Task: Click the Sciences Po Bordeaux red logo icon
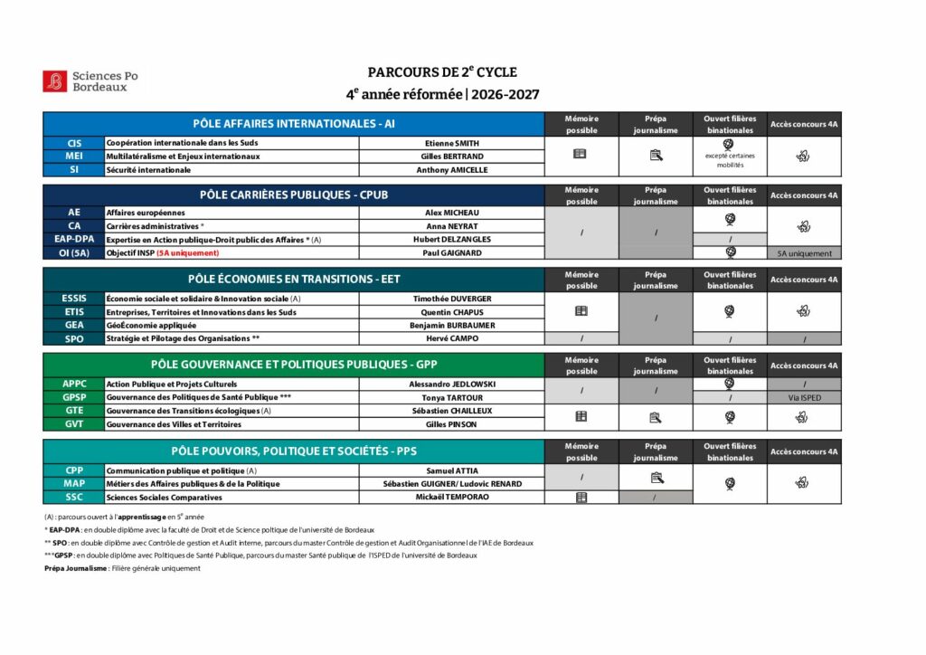pyautogui.click(x=54, y=81)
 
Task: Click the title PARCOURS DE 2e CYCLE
pyautogui.click(x=442, y=72)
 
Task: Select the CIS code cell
pyautogui.click(x=74, y=143)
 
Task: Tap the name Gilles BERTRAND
pyautogui.click(x=451, y=157)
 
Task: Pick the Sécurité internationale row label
pyautogui.click(x=148, y=169)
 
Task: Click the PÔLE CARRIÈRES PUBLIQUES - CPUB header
pyautogui.click(x=293, y=195)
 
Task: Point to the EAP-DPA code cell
pyautogui.click(x=74, y=239)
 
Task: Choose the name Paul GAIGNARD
pyautogui.click(x=451, y=252)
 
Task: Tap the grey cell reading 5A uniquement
pyautogui.click(x=804, y=253)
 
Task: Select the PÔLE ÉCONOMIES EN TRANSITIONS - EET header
pyautogui.click(x=293, y=280)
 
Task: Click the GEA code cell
pyautogui.click(x=74, y=325)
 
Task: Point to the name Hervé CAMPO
pyautogui.click(x=451, y=338)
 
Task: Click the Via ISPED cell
pyautogui.click(x=804, y=397)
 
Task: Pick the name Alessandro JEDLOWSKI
pyautogui.click(x=451, y=384)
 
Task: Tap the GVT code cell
pyautogui.click(x=74, y=423)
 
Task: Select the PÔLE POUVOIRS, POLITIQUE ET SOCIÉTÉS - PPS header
pyautogui.click(x=293, y=451)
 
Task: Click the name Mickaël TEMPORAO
pyautogui.click(x=451, y=497)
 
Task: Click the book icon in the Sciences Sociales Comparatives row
pyautogui.click(x=581, y=497)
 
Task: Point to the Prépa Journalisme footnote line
pyautogui.click(x=122, y=568)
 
